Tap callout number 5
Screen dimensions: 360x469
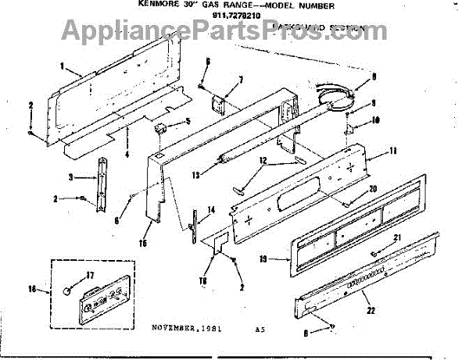pyautogui.click(x=188, y=122)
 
